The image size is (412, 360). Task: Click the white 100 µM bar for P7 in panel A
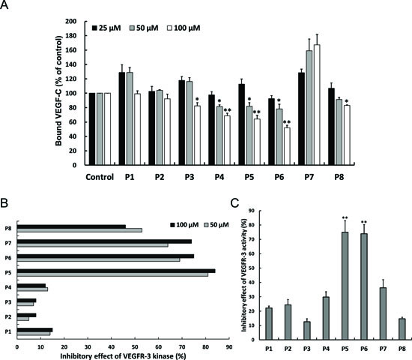point(317,105)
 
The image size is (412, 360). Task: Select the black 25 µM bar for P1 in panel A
point(122,118)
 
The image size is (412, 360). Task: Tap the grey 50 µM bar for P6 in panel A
point(279,136)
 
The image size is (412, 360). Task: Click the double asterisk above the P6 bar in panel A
point(287,122)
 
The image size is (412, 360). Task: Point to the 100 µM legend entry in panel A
point(184,28)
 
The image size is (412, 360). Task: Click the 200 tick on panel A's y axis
point(71,21)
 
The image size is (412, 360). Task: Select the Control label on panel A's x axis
point(100,177)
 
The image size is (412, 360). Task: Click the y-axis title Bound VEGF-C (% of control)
point(58,91)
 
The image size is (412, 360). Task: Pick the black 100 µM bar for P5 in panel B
point(116,271)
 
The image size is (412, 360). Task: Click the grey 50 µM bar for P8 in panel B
point(79,230)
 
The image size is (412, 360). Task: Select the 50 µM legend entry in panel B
point(216,225)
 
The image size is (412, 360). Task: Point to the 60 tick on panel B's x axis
point(158,347)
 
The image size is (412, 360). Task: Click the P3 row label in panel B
point(8,302)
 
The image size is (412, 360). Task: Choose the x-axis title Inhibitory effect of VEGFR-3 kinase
point(123,356)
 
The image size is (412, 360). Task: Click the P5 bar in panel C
point(345,286)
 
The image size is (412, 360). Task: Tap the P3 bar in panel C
point(306,331)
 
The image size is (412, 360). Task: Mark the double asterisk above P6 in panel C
point(364,222)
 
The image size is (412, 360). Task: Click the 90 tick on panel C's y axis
point(252,211)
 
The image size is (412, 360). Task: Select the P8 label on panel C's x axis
point(402,349)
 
